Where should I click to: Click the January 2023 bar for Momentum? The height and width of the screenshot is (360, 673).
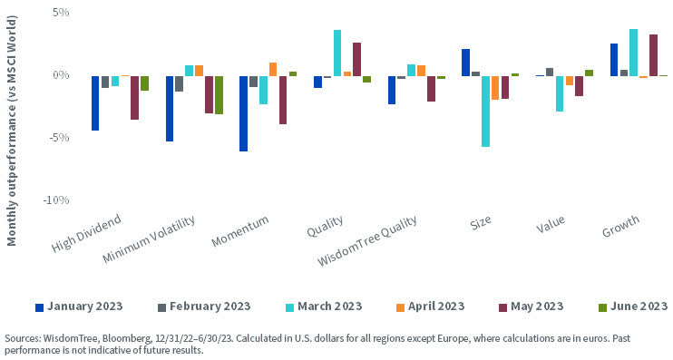(x=243, y=113)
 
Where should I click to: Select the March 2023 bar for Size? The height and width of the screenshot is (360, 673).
(x=485, y=111)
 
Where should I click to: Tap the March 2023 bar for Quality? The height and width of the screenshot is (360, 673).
(x=337, y=53)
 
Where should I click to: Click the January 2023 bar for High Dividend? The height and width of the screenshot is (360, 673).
(x=95, y=102)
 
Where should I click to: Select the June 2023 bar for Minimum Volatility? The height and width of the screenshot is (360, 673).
(x=219, y=94)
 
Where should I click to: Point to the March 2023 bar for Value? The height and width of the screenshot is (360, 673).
(x=560, y=93)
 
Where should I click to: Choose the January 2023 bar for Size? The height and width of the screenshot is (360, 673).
(x=465, y=63)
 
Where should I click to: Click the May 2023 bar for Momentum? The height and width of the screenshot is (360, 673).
(x=283, y=100)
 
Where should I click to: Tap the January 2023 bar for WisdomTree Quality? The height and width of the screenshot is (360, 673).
(x=392, y=90)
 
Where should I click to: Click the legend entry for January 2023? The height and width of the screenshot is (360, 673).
(x=79, y=306)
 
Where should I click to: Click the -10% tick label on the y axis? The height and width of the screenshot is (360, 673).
(x=55, y=199)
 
